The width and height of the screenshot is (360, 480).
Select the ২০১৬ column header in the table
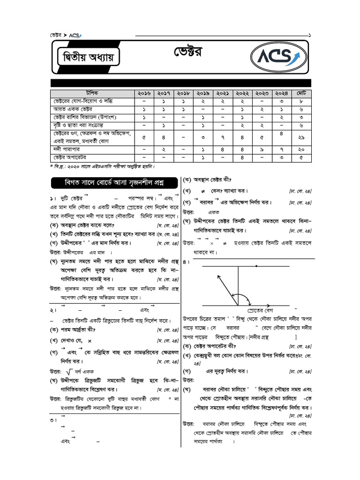point(143,93)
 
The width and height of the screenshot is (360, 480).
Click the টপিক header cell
point(92,93)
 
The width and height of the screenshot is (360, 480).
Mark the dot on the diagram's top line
point(256,266)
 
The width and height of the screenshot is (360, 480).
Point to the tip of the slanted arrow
point(217,274)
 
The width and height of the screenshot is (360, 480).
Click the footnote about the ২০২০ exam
point(102,166)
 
